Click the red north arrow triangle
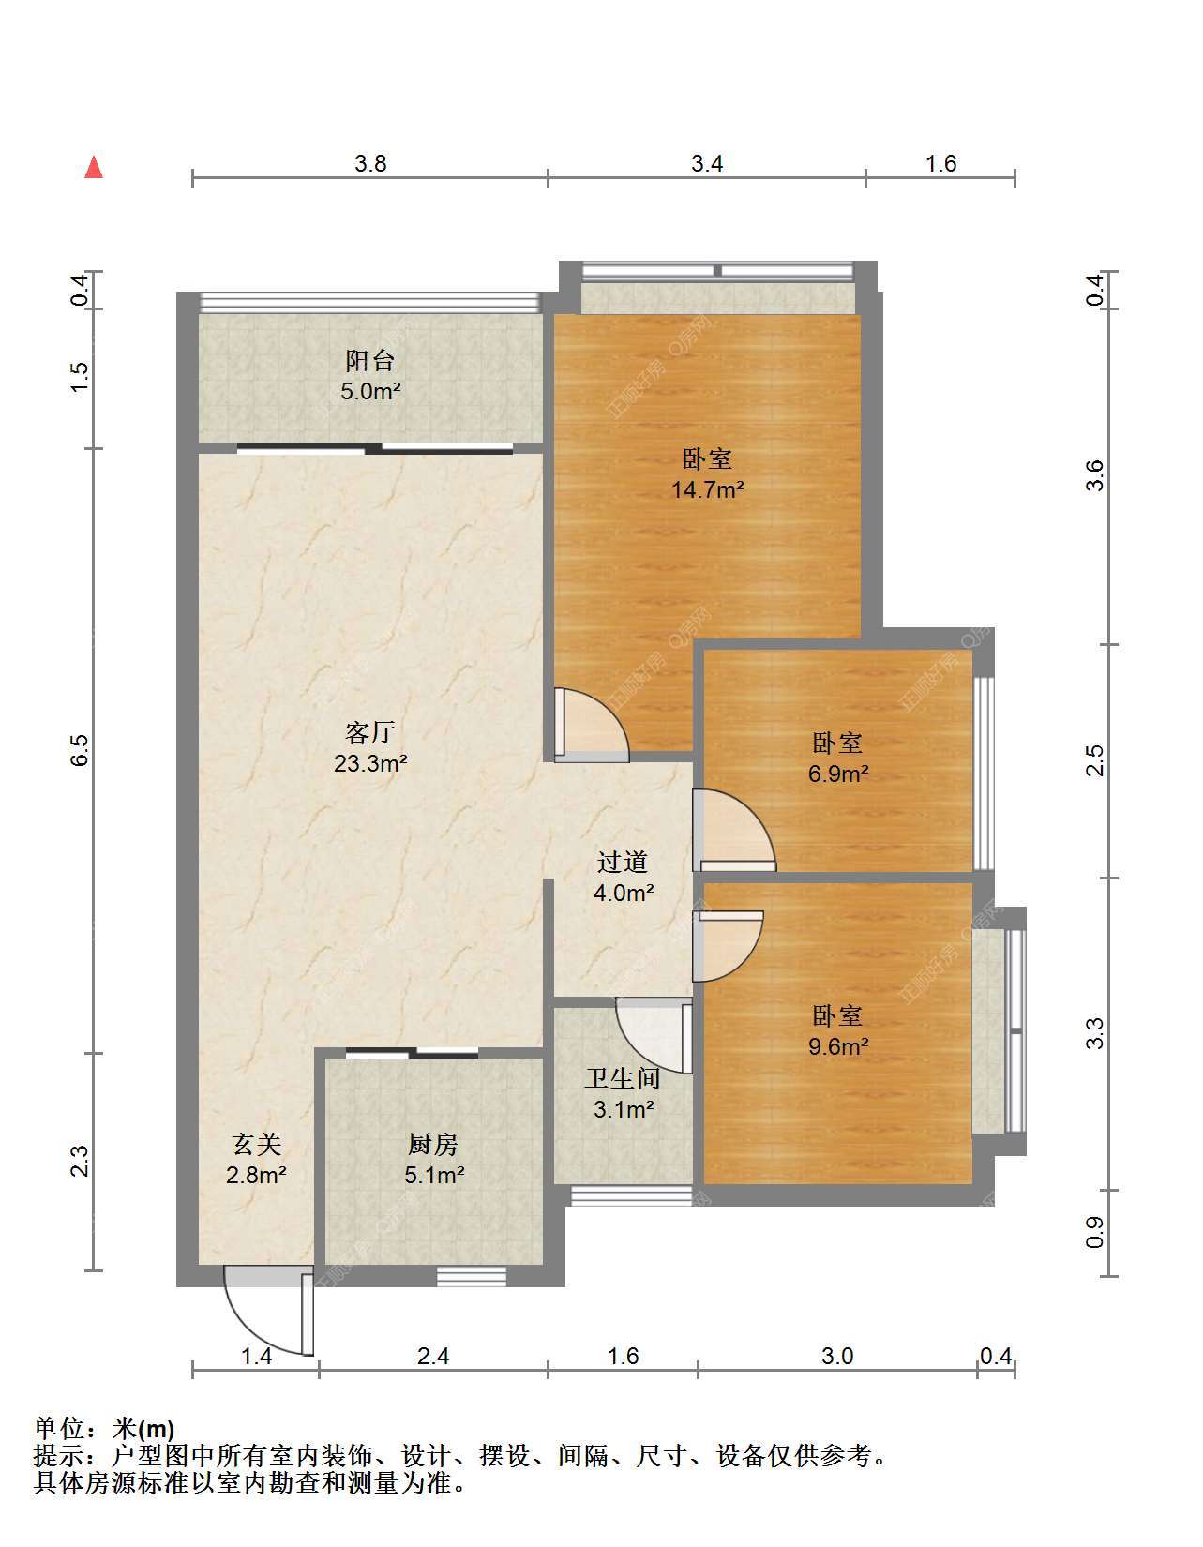point(94,167)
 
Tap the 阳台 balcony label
point(369,360)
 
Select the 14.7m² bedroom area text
point(708,489)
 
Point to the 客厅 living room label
point(369,732)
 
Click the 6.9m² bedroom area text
point(838,773)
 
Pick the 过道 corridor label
point(623,863)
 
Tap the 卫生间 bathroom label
point(623,1078)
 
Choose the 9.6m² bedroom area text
point(838,1045)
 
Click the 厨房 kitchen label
point(433,1144)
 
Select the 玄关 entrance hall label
point(256,1144)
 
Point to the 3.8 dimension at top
point(370,164)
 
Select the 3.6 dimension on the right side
point(1095,475)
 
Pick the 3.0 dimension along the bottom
point(837,1356)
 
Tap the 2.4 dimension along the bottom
point(433,1356)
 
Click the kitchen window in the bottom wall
point(472,1276)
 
